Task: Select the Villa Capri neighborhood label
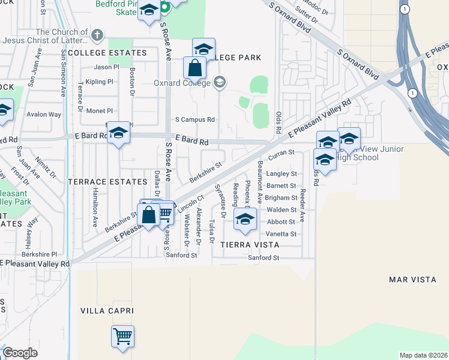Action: tap(107, 310)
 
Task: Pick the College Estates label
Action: tap(107, 53)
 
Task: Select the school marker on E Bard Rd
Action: tap(119, 133)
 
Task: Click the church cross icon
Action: tap(98, 35)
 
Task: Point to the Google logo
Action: tap(20, 353)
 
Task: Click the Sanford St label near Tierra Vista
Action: tap(264, 257)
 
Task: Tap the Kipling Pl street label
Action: tap(99, 82)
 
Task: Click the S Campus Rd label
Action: tap(194, 119)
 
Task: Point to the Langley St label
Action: tap(282, 173)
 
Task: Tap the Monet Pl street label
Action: tap(100, 111)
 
